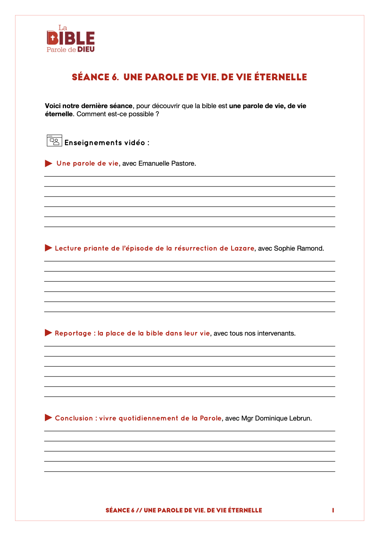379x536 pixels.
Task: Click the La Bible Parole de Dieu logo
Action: pos(70,39)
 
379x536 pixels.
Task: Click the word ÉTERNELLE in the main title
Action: pos(280,77)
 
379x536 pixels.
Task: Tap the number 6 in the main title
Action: pos(115,77)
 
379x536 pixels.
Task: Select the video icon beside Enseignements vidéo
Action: pos(54,141)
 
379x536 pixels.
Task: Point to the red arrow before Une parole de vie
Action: pos(49,163)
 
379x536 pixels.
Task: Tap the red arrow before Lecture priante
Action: pos(49,248)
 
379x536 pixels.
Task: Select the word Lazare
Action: pos(242,248)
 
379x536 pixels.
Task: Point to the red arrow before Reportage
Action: pos(49,333)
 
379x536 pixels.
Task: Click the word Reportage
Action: pos(73,333)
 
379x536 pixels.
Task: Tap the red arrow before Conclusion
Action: pos(49,417)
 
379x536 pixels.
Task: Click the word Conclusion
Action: pos(74,418)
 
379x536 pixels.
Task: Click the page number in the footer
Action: pos(333,510)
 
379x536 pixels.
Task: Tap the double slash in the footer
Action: pos(139,510)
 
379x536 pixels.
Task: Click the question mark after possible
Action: pos(157,114)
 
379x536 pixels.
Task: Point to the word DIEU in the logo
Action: pos(86,49)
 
